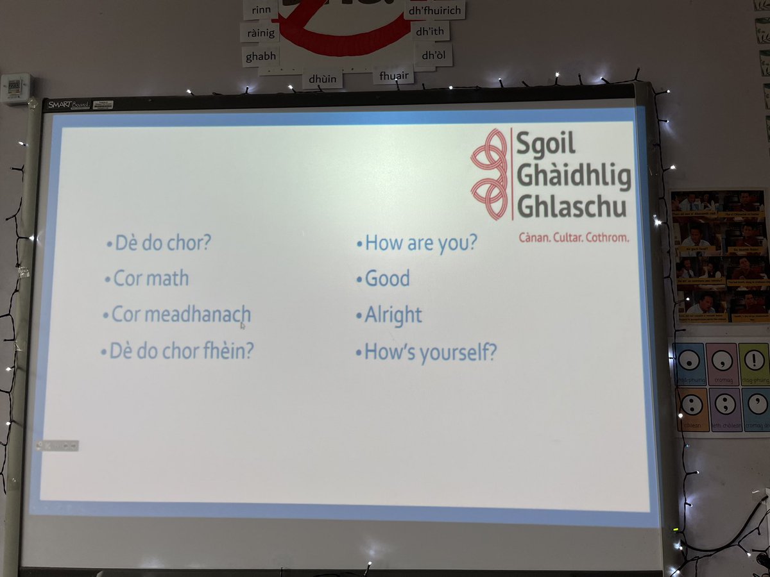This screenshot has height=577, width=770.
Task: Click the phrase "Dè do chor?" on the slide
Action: (x=163, y=244)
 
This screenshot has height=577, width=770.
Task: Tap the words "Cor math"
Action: (x=151, y=279)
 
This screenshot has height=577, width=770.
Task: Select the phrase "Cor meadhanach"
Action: (x=180, y=315)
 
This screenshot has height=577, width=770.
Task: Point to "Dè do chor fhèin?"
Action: (x=176, y=351)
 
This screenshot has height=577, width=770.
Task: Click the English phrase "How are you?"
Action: (x=420, y=243)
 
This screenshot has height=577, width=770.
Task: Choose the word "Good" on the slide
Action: (x=387, y=279)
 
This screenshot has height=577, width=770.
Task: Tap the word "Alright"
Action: (x=393, y=315)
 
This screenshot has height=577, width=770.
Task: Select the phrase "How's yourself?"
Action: (x=429, y=352)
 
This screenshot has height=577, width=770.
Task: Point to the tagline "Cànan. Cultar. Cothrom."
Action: (x=574, y=238)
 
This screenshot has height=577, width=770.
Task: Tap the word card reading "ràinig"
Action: (x=259, y=32)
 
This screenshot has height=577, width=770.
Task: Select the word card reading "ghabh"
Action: (x=261, y=56)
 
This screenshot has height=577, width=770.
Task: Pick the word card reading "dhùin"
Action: (x=323, y=79)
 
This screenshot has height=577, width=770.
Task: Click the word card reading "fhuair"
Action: (x=393, y=76)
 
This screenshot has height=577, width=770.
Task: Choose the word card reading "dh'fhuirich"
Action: (x=434, y=11)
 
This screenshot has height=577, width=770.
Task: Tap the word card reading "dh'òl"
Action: (x=432, y=55)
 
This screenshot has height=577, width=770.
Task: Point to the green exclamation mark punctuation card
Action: (x=755, y=362)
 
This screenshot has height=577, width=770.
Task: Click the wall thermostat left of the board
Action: (x=15, y=88)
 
